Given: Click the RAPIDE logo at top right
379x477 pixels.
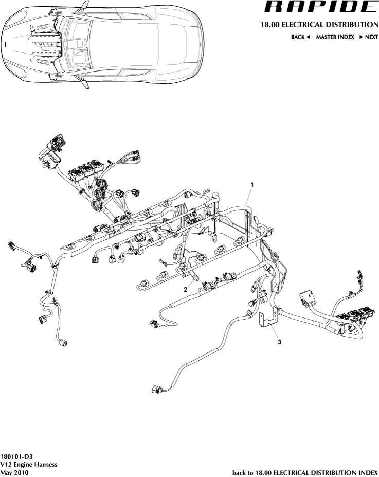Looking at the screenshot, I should [x=320, y=7].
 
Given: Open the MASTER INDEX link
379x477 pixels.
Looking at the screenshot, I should [x=335, y=38].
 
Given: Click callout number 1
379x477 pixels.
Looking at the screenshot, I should [x=252, y=184].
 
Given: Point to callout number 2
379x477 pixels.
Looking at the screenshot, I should [x=185, y=290].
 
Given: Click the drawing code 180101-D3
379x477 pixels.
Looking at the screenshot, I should [x=17, y=456].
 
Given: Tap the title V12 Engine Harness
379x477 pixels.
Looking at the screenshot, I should [x=28, y=464].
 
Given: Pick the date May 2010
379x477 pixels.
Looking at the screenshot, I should [x=14, y=472].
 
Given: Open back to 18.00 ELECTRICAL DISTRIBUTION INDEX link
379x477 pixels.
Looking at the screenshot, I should [x=305, y=472].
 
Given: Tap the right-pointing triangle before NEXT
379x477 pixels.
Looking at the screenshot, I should [x=361, y=38].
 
